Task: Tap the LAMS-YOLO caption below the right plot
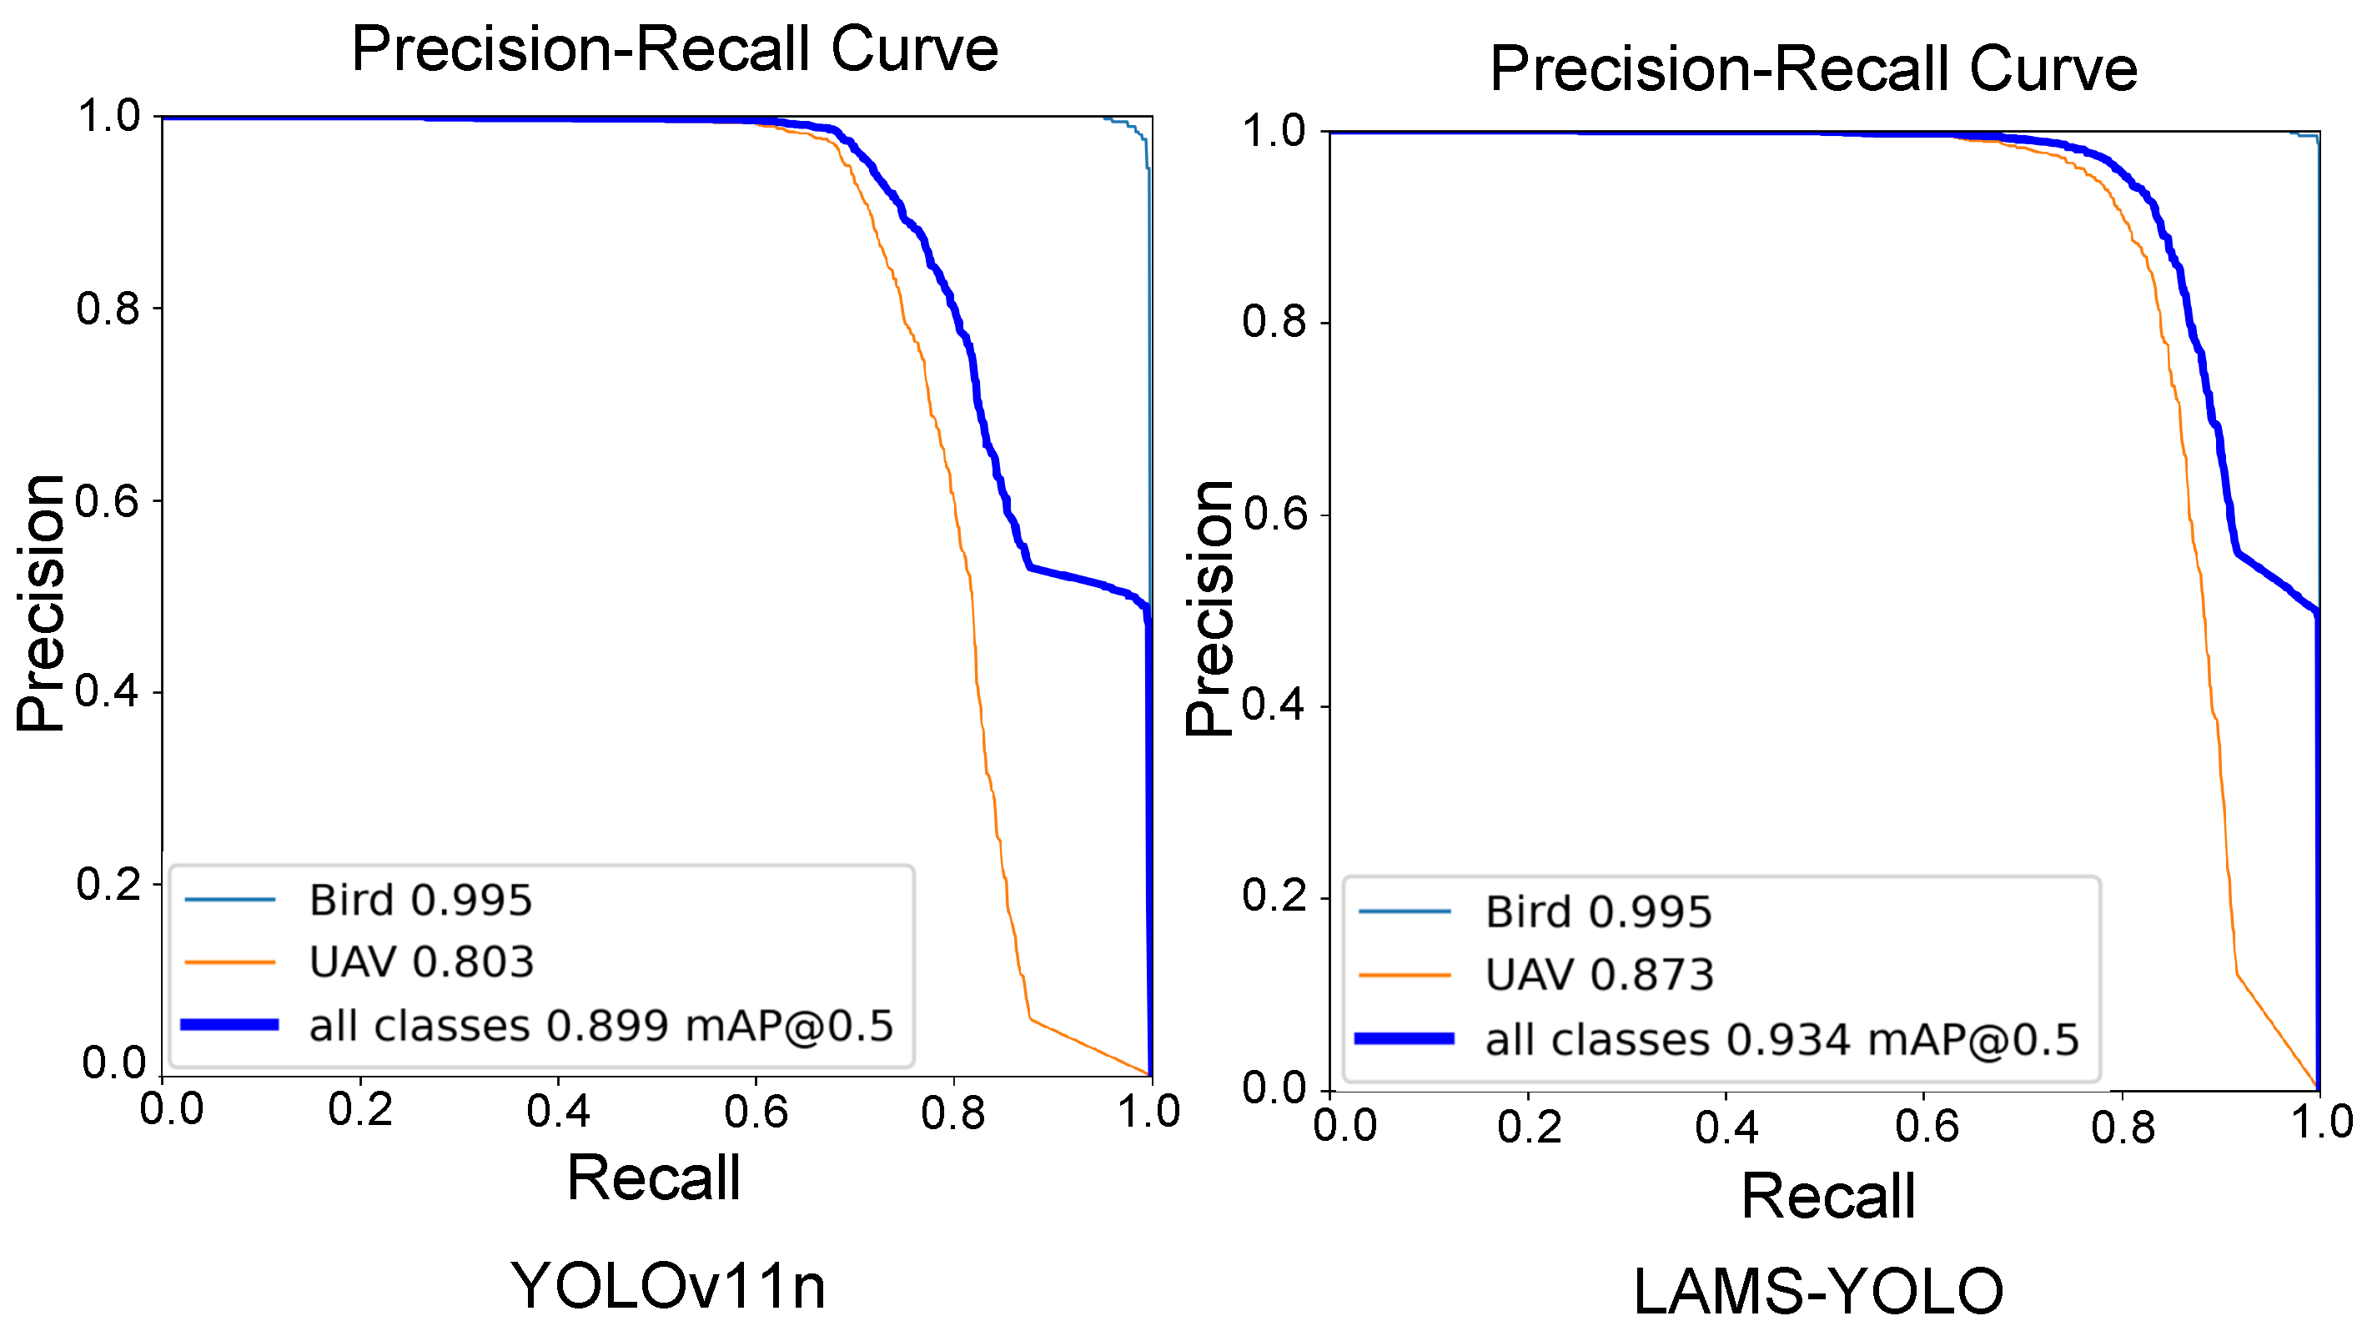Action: point(1817,1291)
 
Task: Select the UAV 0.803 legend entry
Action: point(421,962)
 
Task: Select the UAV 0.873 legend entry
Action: point(1599,975)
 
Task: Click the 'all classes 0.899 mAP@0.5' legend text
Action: point(601,1026)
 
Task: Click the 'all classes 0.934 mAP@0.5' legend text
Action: point(1782,1039)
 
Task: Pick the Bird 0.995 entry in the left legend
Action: point(420,900)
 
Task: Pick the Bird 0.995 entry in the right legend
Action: point(1598,912)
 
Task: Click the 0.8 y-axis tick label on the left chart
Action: point(108,309)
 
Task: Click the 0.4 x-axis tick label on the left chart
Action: point(558,1111)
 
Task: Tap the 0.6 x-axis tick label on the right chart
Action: point(1926,1127)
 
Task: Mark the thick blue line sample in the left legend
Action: point(229,1024)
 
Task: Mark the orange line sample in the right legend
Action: point(1404,976)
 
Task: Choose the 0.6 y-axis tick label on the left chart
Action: point(107,502)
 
